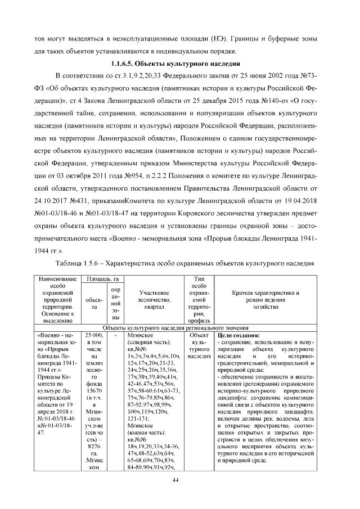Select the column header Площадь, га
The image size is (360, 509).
point(100,278)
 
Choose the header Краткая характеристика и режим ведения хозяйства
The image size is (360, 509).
point(266,296)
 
